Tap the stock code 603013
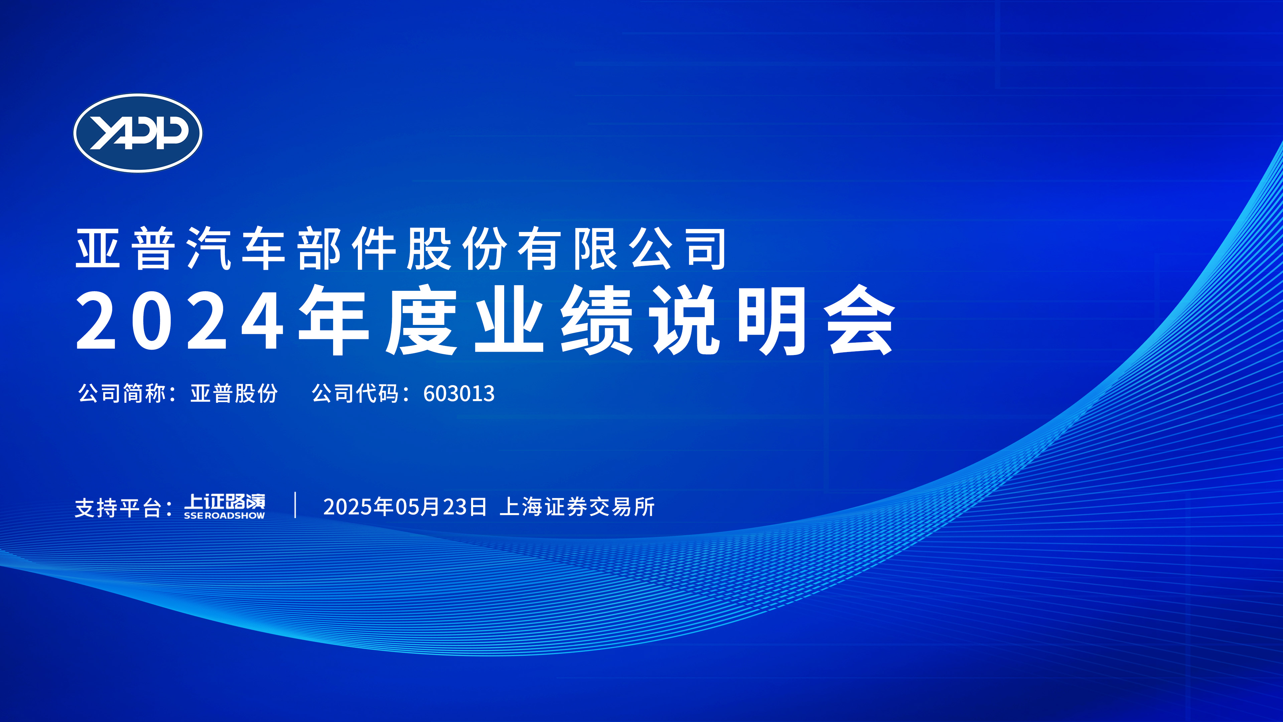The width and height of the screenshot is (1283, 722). coord(459,394)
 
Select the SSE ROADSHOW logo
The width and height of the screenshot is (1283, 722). coord(225,506)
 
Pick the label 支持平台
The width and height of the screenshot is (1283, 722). coord(118,508)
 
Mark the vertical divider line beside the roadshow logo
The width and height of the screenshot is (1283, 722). coord(295,505)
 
